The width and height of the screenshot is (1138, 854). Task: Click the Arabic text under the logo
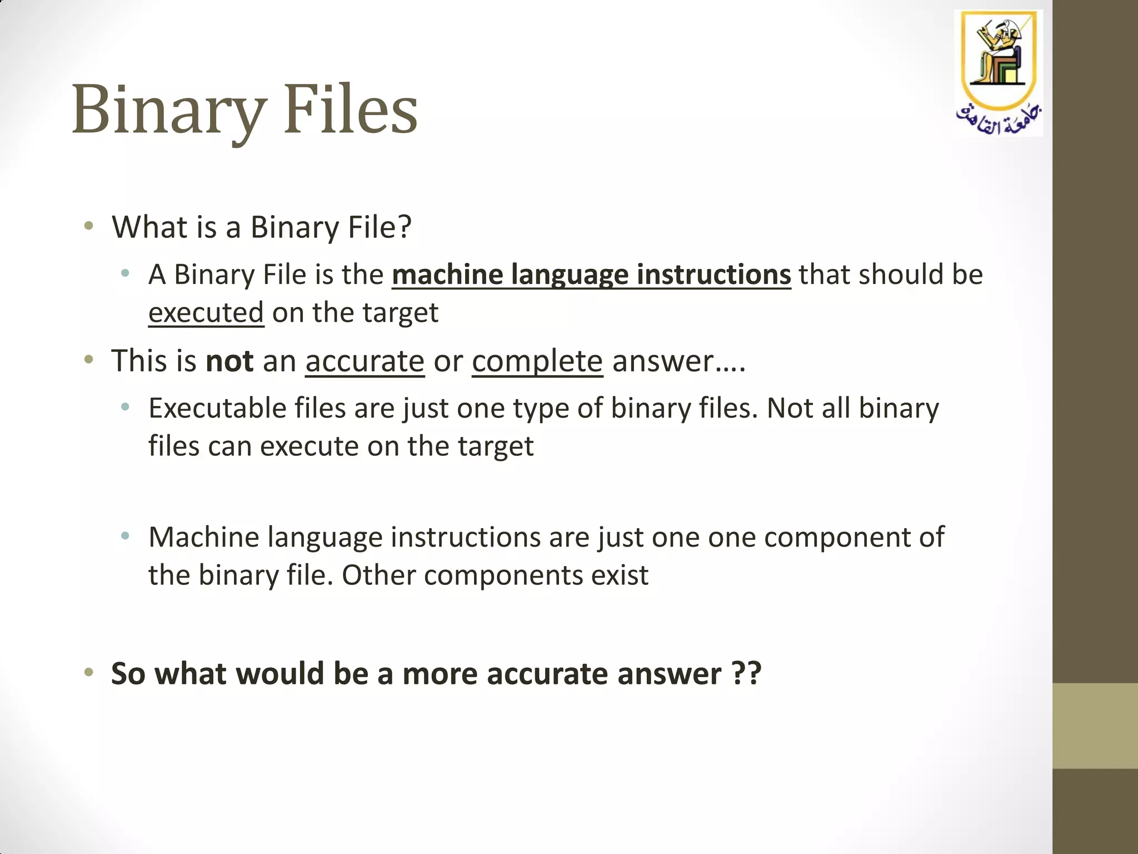click(x=998, y=118)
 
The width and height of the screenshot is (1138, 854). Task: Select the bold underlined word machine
click(x=447, y=275)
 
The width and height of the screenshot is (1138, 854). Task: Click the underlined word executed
click(x=206, y=312)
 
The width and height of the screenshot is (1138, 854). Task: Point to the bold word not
click(x=229, y=361)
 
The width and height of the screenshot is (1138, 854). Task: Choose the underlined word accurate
click(x=365, y=361)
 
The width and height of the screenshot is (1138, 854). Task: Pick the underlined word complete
click(x=537, y=361)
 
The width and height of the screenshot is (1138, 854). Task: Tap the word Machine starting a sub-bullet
click(x=203, y=537)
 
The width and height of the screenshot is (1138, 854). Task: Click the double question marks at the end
click(x=746, y=673)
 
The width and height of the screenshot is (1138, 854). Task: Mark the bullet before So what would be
click(x=88, y=673)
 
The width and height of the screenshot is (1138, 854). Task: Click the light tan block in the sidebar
click(x=1095, y=726)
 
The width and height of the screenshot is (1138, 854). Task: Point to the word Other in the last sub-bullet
click(x=378, y=575)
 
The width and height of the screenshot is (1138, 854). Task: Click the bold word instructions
click(x=713, y=275)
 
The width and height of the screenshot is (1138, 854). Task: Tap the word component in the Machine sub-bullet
click(x=839, y=537)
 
